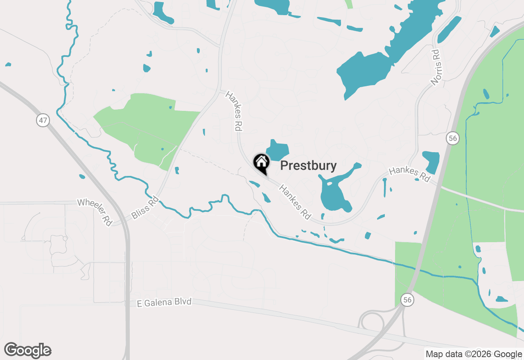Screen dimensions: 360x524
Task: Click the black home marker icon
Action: pyautogui.click(x=261, y=163)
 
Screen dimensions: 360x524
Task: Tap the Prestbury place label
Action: pyautogui.click(x=308, y=166)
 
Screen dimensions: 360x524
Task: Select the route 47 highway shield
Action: pyautogui.click(x=43, y=120)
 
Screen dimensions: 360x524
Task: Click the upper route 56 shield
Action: pyautogui.click(x=452, y=138)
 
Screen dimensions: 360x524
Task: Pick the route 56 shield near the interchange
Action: pyautogui.click(x=407, y=299)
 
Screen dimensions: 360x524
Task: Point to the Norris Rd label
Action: pyautogui.click(x=436, y=67)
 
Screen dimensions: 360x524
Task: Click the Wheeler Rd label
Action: pyautogui.click(x=95, y=211)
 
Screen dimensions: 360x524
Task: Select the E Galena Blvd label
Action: pyautogui.click(x=164, y=302)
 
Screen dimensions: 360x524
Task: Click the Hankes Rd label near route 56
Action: pyautogui.click(x=409, y=174)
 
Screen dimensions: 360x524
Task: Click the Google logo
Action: pyautogui.click(x=28, y=350)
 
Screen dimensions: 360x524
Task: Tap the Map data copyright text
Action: pyautogui.click(x=474, y=354)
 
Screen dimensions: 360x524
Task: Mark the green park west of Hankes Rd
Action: pyautogui.click(x=147, y=127)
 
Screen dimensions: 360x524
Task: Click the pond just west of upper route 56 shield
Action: pyautogui.click(x=431, y=162)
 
